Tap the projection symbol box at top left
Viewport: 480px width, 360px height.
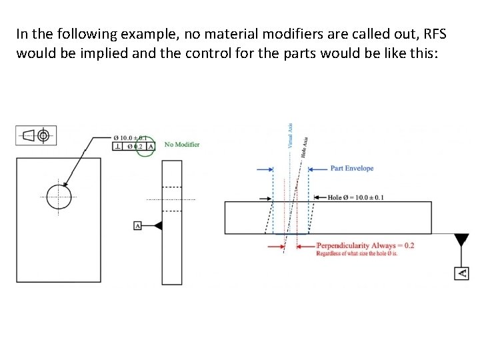[36, 135]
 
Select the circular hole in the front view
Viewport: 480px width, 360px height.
[59, 197]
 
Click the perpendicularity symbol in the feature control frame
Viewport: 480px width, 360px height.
[117, 146]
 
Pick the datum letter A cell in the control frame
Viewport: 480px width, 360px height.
[150, 146]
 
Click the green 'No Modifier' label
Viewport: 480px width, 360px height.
[182, 145]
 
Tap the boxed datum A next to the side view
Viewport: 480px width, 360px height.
[138, 226]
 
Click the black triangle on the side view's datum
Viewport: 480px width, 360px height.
[157, 226]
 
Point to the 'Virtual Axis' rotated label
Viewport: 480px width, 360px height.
[290, 136]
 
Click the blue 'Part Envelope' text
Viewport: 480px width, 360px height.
[352, 168]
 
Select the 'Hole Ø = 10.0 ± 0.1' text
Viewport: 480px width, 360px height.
[355, 197]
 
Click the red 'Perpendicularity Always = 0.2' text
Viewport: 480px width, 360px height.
[365, 245]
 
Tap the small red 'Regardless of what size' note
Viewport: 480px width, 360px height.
[357, 253]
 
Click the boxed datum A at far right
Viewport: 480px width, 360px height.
[461, 273]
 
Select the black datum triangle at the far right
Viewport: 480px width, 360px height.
[461, 241]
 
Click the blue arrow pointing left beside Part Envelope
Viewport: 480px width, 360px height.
[318, 169]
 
